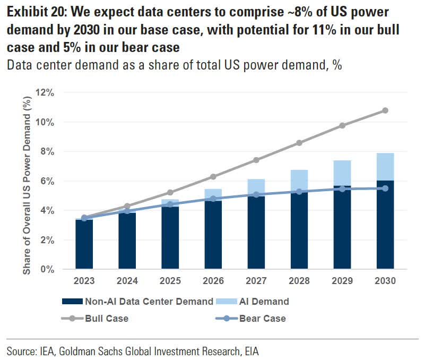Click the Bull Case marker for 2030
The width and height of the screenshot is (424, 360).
pos(385,110)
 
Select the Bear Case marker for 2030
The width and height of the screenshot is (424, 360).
pos(385,188)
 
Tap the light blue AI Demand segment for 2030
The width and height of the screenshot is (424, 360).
pos(385,167)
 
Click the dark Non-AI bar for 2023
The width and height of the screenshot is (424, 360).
pos(84,244)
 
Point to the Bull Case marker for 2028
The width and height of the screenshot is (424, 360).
pos(299,143)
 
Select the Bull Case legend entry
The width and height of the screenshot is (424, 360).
pos(106,319)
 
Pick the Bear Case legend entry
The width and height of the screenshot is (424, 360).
pos(262,319)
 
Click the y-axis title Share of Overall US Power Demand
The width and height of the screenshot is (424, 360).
pos(26,181)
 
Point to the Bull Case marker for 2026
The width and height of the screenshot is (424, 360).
pos(213,176)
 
